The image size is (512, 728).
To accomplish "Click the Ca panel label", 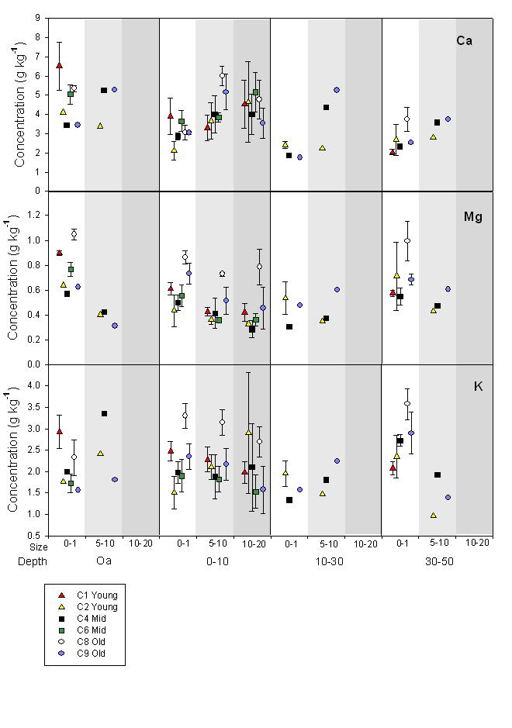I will pos(464,40).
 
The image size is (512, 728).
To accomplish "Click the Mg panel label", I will pos(472,217).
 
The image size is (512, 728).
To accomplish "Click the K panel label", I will pos(478,386).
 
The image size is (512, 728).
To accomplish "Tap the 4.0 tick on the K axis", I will pos(34,385).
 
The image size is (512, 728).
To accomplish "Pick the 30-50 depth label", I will pos(438,561).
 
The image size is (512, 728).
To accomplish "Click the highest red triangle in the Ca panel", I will pos(60,65).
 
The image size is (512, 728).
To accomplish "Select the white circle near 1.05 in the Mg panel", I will pos(74,233).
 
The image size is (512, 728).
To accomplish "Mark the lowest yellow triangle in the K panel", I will pos(433,516).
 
